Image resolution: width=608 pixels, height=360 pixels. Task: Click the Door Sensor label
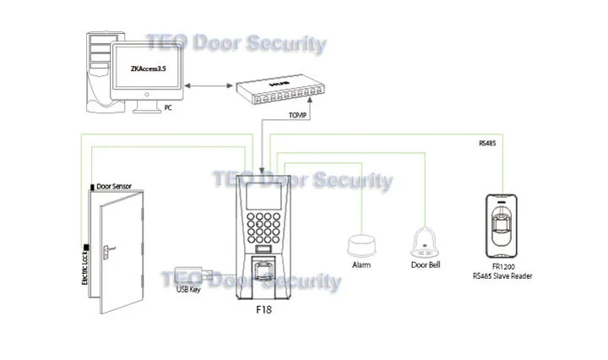pos(115,186)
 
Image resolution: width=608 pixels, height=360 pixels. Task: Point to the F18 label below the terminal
pos(265,310)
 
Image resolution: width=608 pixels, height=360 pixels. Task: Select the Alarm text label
pos(361,265)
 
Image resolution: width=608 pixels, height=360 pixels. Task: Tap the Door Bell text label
pos(423,265)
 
